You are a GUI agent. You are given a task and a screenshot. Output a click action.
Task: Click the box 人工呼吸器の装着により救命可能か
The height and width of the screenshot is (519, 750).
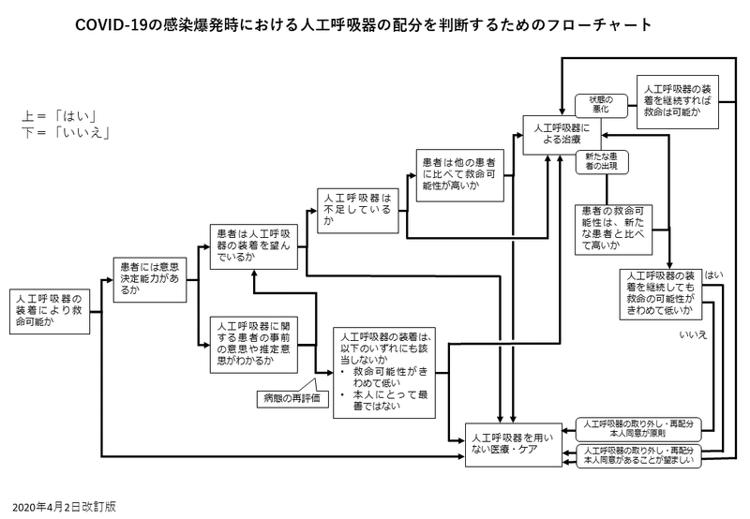tap(48, 310)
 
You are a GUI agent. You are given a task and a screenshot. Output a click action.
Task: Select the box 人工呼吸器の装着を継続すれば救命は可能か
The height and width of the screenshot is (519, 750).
tap(677, 101)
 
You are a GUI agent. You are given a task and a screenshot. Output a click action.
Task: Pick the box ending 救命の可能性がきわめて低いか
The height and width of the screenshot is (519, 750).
tap(661, 292)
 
